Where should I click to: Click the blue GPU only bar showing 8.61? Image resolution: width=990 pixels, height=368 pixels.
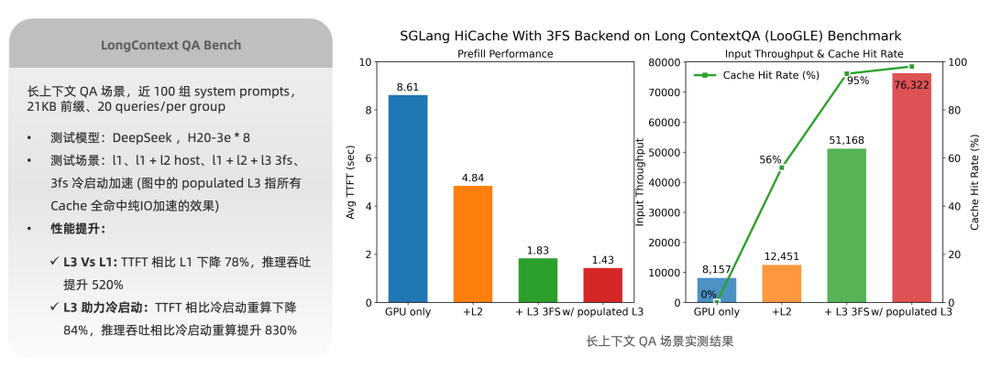tap(407, 199)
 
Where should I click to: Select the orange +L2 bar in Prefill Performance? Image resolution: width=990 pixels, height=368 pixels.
tap(473, 244)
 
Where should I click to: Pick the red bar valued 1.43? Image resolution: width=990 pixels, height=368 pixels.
tap(602, 285)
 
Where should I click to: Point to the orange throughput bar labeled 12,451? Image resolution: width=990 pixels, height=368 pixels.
tap(782, 283)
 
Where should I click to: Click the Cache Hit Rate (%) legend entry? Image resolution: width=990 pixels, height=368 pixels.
tap(757, 75)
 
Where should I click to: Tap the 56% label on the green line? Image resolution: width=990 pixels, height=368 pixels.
tap(770, 160)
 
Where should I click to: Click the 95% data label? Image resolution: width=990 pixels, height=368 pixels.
tap(858, 81)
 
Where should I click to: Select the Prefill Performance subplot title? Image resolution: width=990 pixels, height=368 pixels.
tap(505, 53)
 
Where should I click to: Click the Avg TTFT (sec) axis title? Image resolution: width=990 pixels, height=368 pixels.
tap(351, 183)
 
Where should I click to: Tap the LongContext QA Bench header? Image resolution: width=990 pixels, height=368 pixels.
tap(170, 44)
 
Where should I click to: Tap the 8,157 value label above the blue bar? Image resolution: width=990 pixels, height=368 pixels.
tap(716, 270)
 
